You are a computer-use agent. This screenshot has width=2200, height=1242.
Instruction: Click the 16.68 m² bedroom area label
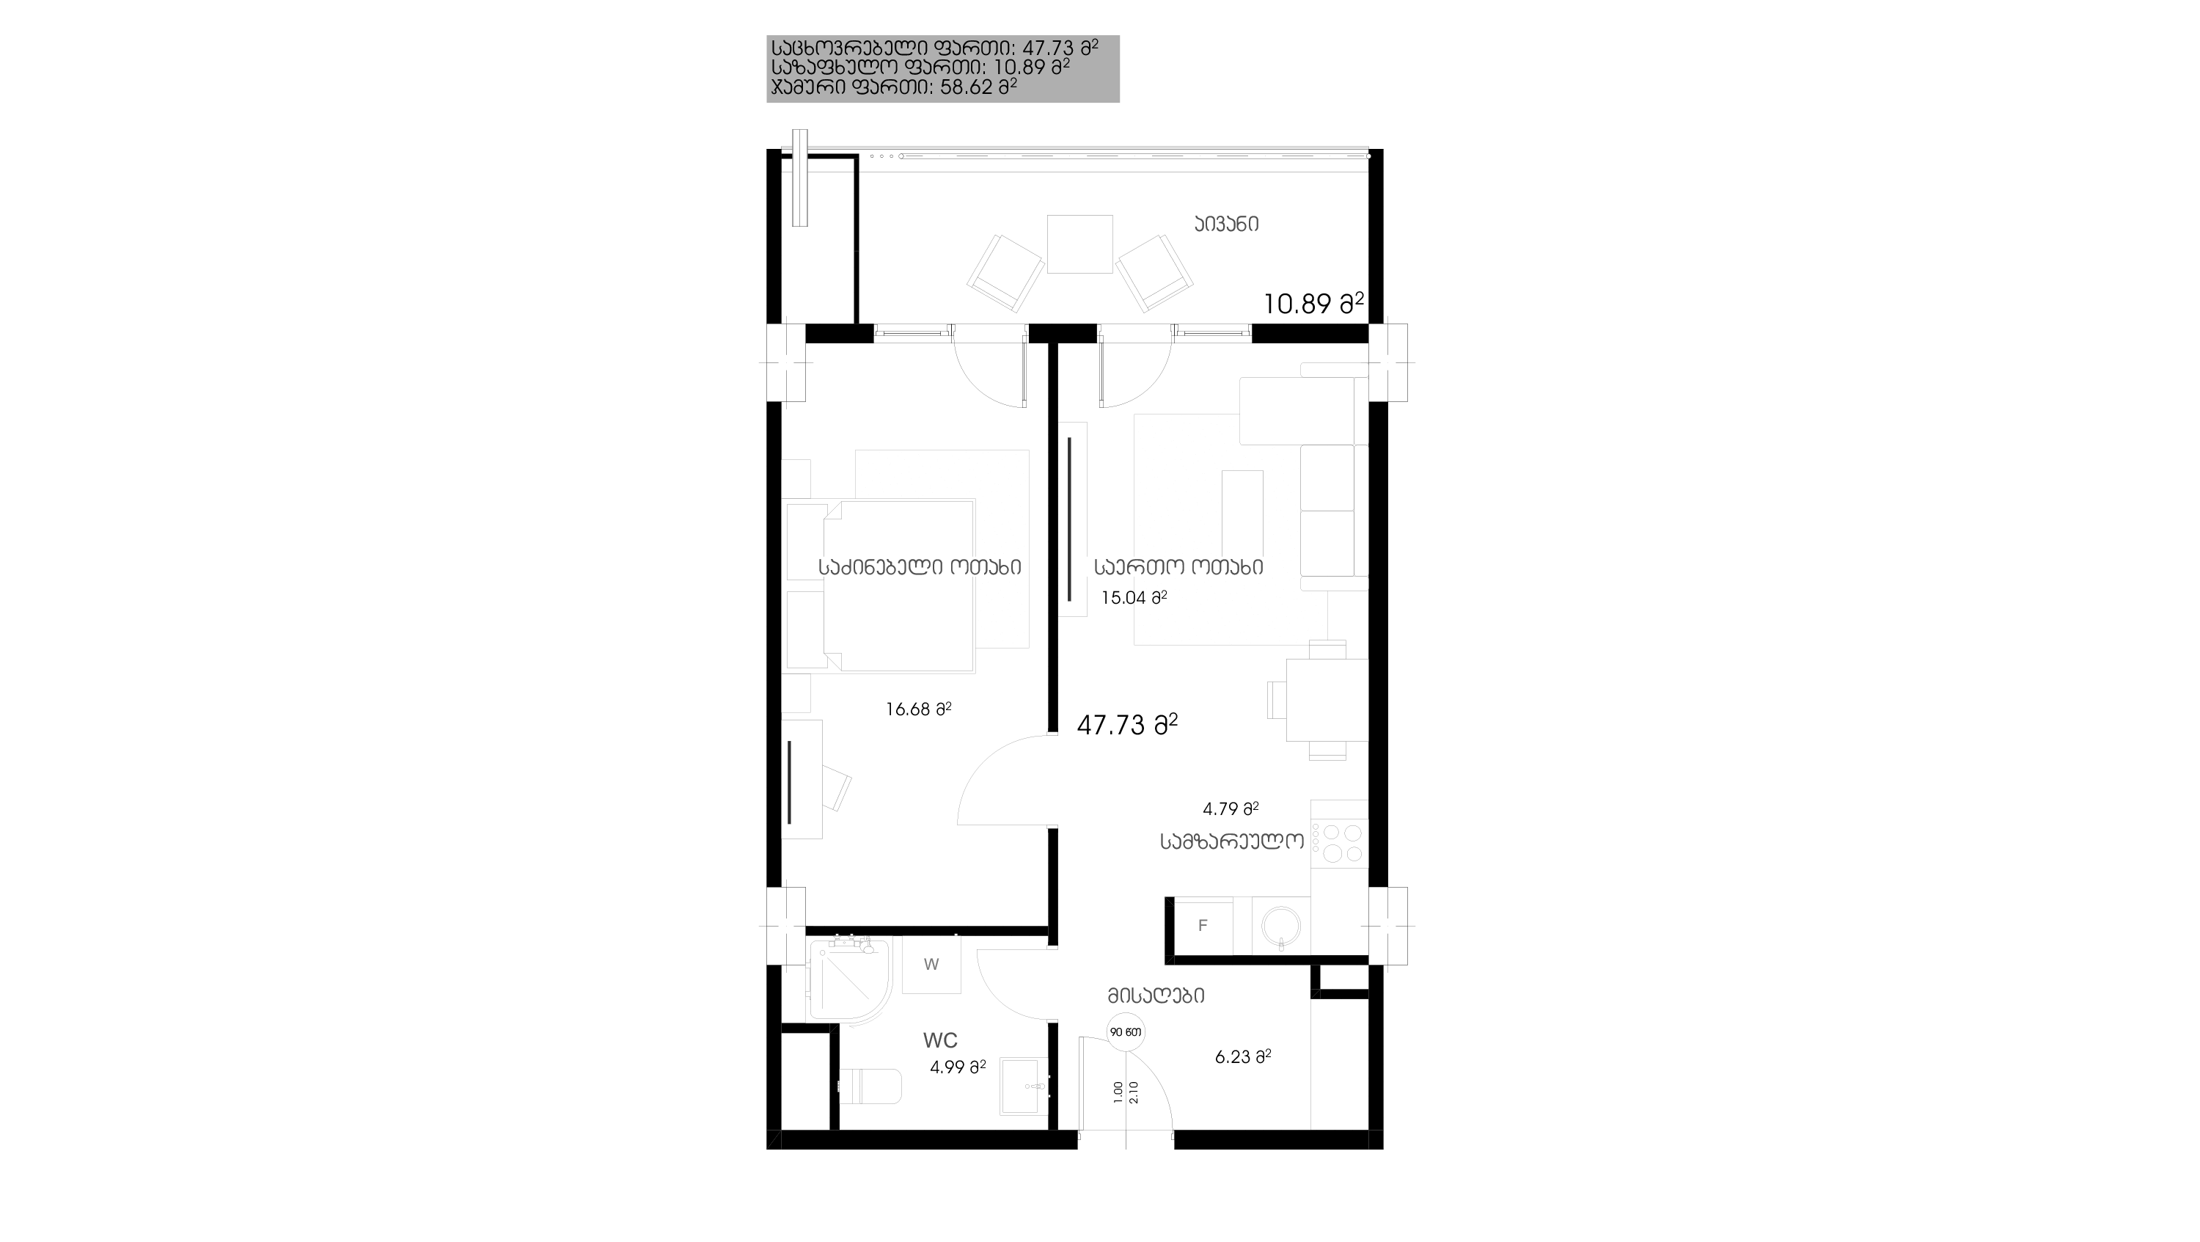(918, 709)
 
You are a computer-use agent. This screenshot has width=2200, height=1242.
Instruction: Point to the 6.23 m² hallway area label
(1242, 1056)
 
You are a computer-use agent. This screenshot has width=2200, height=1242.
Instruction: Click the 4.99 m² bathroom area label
(958, 1067)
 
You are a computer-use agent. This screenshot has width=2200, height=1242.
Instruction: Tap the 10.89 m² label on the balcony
(1313, 303)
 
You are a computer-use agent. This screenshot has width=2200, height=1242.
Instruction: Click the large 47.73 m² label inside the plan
(1127, 724)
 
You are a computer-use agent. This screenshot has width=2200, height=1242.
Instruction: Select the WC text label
(940, 1040)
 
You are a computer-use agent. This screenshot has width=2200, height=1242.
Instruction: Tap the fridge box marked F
(1203, 925)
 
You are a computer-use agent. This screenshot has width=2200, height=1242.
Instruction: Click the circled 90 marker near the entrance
(1126, 1032)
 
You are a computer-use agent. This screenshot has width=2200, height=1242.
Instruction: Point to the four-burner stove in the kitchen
(1339, 843)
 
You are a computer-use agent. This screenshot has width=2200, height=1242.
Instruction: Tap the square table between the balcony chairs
(1079, 244)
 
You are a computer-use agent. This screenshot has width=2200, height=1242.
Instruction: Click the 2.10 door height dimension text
(1134, 1092)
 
